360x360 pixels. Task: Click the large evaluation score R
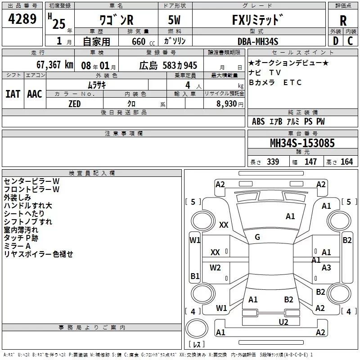point(343,20)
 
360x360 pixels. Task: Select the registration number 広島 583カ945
point(168,65)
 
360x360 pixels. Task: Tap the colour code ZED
point(74,104)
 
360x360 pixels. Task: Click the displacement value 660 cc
point(138,42)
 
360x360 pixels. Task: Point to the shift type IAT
point(13,94)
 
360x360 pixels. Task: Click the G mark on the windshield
point(257,237)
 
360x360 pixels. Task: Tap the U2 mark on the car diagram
point(283,322)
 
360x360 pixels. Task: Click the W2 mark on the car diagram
point(216,268)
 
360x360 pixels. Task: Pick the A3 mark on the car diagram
point(326,268)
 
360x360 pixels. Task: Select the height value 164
point(346,162)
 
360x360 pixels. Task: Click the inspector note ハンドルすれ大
point(28,206)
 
